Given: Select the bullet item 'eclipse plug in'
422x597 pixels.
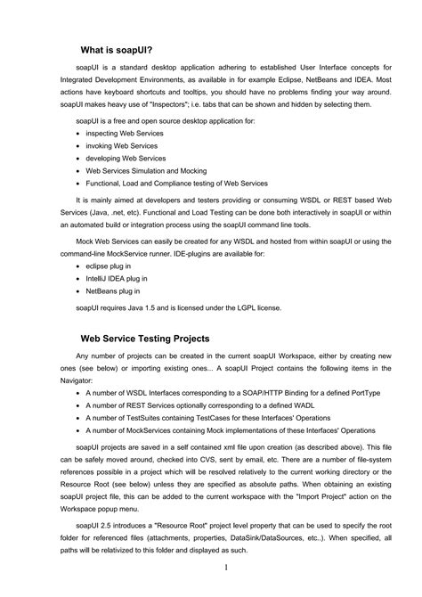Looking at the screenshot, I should (106, 266).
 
